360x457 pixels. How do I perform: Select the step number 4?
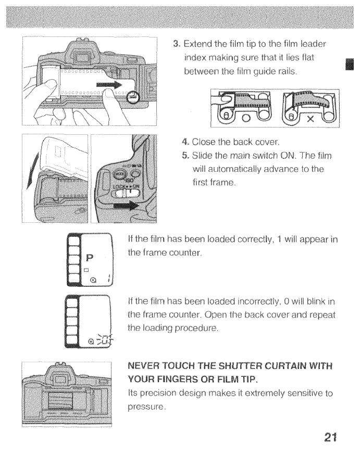tap(185, 142)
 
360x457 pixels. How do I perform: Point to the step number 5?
tap(185, 155)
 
